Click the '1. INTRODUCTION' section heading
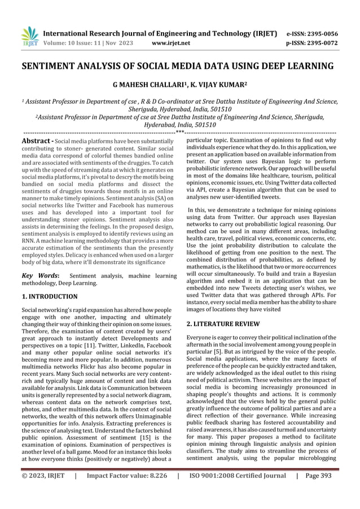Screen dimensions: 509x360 (x=50, y=296)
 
